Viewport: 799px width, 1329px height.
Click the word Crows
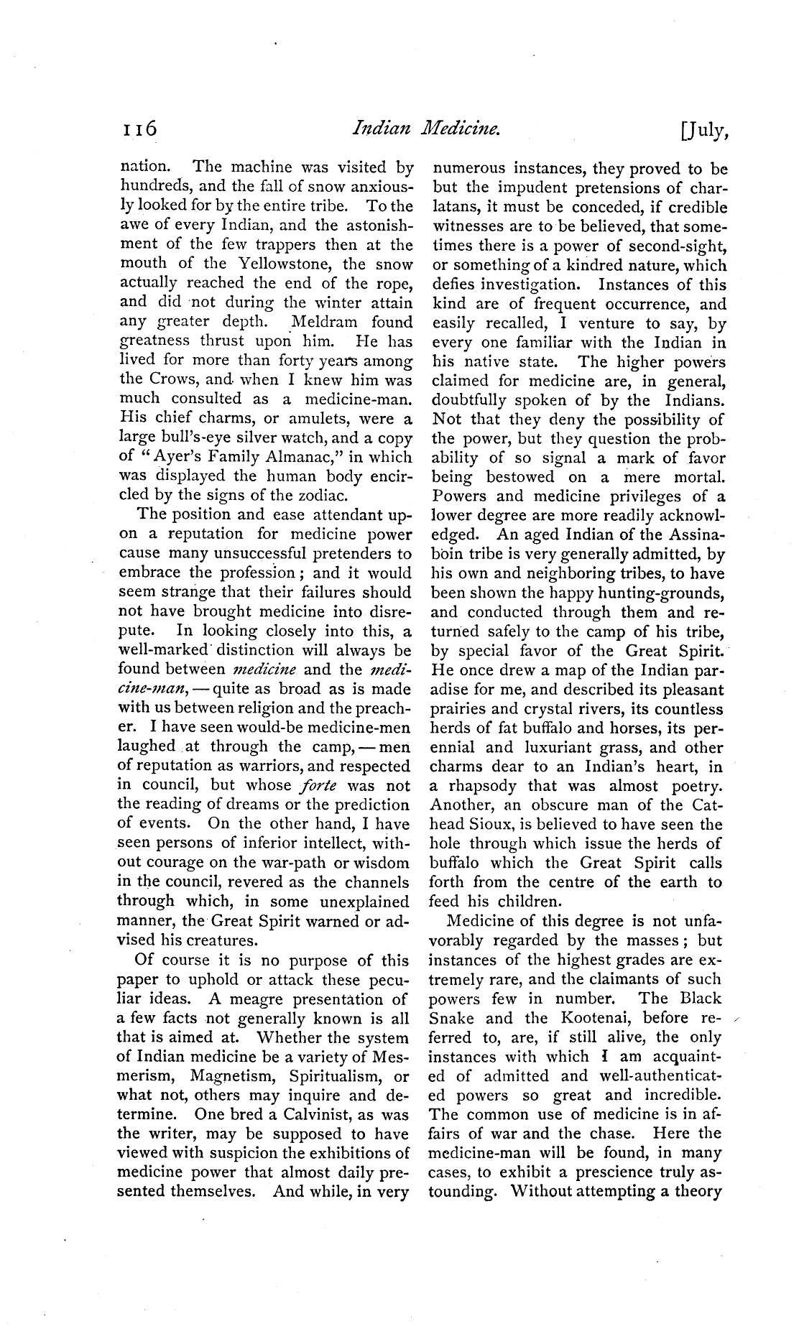[x=172, y=380]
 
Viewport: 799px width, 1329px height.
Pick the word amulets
[x=325, y=419]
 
